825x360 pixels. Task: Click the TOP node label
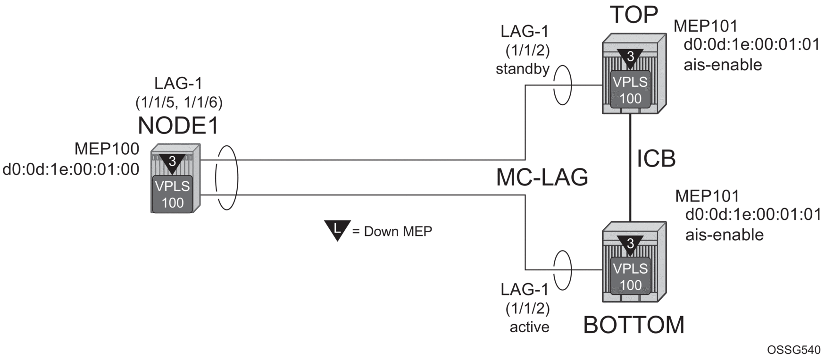click(x=634, y=15)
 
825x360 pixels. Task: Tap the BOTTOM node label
click(x=633, y=325)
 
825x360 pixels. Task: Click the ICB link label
click(x=656, y=159)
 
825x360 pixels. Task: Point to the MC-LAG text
click(x=542, y=177)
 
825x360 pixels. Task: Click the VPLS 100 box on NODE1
click(x=173, y=194)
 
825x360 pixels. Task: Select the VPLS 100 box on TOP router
click(x=630, y=90)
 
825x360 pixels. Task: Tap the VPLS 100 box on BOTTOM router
click(x=630, y=276)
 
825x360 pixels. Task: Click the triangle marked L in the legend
click(x=337, y=230)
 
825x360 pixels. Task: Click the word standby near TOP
click(x=523, y=69)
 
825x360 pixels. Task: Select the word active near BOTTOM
click(x=529, y=327)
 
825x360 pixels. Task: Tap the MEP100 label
click(x=107, y=149)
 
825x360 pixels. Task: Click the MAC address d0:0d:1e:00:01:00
click(x=71, y=169)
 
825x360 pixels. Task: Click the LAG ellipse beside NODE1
click(x=226, y=178)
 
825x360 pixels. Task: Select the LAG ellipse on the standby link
click(x=562, y=85)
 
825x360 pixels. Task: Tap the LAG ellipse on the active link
click(x=562, y=270)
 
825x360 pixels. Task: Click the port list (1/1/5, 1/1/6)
click(x=179, y=102)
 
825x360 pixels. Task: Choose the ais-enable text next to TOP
click(x=723, y=64)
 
